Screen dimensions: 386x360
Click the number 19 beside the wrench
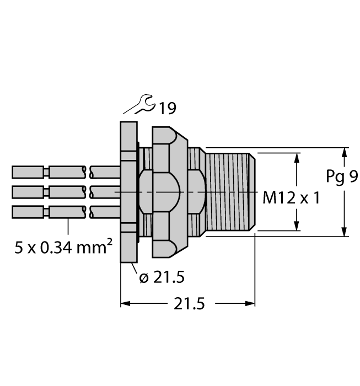[x=167, y=109]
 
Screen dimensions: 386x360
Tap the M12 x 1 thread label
[x=291, y=198]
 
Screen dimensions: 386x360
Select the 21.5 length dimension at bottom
[x=189, y=303]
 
